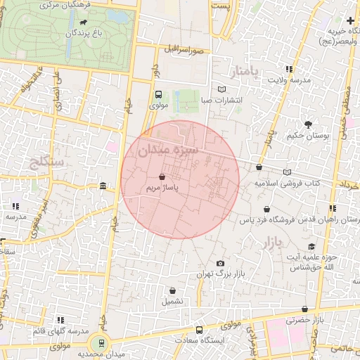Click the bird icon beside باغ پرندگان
(x=84, y=32)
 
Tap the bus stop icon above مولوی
(x=158, y=94)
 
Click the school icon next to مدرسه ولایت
(x=290, y=69)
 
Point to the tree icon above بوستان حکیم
(x=308, y=124)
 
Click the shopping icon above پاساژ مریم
(x=163, y=177)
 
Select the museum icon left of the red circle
(x=103, y=186)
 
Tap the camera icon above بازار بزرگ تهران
(x=220, y=263)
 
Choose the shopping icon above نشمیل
(x=172, y=290)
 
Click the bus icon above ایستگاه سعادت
(x=199, y=329)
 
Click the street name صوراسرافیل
(x=184, y=51)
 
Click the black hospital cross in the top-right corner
(x=350, y=20)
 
